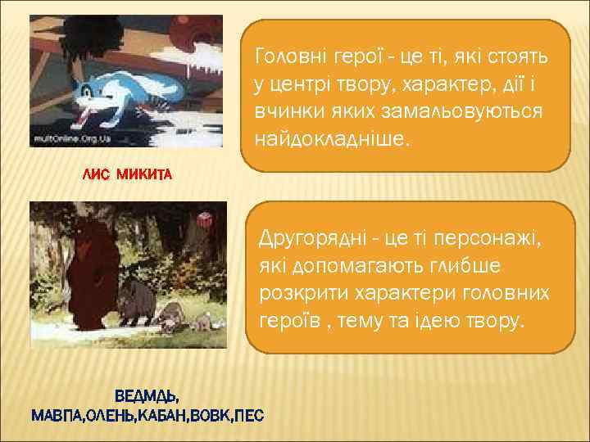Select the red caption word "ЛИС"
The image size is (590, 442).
click(95, 174)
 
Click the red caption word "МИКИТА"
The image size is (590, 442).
click(144, 174)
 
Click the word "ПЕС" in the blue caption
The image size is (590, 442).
click(248, 416)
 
